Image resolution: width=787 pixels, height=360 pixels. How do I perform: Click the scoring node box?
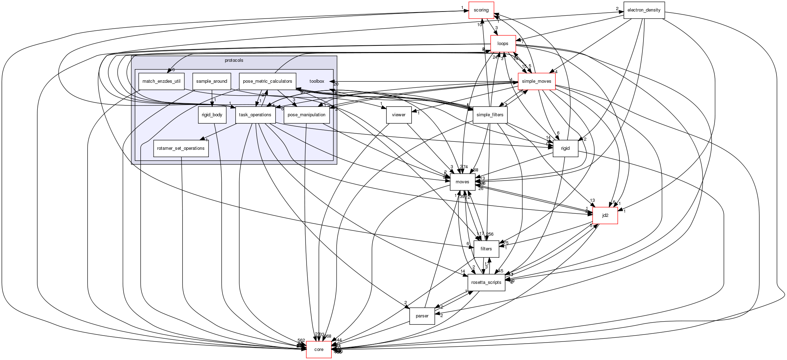(481, 10)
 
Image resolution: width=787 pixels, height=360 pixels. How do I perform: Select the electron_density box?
(644, 10)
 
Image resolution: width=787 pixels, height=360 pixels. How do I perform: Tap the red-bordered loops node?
(503, 44)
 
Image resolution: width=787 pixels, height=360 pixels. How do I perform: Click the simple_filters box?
(490, 115)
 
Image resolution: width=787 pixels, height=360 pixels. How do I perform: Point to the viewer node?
(399, 115)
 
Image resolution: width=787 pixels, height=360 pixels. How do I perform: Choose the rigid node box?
(565, 148)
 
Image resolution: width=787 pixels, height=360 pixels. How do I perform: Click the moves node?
(463, 182)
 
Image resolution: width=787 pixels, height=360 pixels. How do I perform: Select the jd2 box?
(605, 215)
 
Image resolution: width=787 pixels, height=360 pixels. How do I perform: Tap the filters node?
(486, 249)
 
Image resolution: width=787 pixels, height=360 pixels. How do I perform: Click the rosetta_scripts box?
(486, 282)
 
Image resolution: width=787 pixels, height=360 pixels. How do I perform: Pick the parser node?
(422, 316)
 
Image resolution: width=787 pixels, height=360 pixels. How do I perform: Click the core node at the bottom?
(319, 350)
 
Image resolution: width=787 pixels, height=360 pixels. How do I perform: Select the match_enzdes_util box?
(161, 81)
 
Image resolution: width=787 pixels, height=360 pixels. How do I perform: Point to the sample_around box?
(212, 81)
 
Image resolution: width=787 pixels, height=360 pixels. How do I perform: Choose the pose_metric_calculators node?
(267, 81)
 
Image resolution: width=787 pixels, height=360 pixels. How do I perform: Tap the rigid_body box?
(212, 115)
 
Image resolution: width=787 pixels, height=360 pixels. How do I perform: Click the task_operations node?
(255, 115)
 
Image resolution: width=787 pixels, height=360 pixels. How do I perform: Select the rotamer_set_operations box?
(181, 148)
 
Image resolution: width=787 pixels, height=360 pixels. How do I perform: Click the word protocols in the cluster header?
(234, 60)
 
